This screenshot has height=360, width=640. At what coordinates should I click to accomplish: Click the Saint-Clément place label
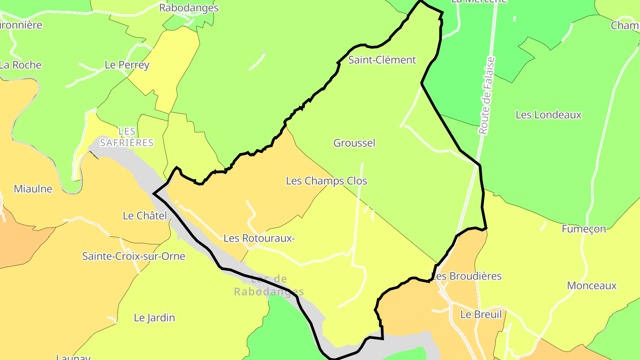(382, 60)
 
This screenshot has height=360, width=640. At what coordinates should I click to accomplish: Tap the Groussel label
(354, 143)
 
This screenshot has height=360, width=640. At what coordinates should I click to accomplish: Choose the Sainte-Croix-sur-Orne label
(133, 256)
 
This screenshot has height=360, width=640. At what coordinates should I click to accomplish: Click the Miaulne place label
(33, 189)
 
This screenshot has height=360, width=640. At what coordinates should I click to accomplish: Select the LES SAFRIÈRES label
(127, 137)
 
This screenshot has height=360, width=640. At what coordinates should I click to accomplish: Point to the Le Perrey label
(127, 65)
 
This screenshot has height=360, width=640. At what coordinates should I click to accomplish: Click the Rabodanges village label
(189, 8)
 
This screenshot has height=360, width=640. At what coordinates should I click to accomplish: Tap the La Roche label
(20, 65)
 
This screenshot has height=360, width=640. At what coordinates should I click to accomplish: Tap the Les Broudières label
(467, 276)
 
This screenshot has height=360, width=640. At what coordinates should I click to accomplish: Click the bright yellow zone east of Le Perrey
(171, 67)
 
